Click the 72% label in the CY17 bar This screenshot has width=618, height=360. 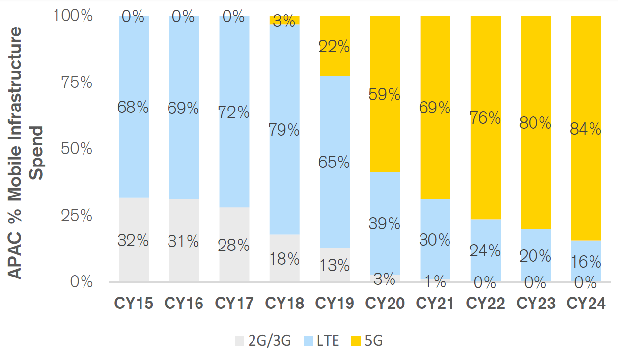[234, 112]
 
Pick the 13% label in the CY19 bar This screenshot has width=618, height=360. [335, 265]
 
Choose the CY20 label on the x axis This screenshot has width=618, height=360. [385, 304]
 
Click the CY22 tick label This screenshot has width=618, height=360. [485, 304]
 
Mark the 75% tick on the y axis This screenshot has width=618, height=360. [76, 82]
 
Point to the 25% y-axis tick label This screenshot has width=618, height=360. [76, 215]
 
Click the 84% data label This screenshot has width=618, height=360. [586, 129]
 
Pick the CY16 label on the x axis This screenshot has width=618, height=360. [184, 304]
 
